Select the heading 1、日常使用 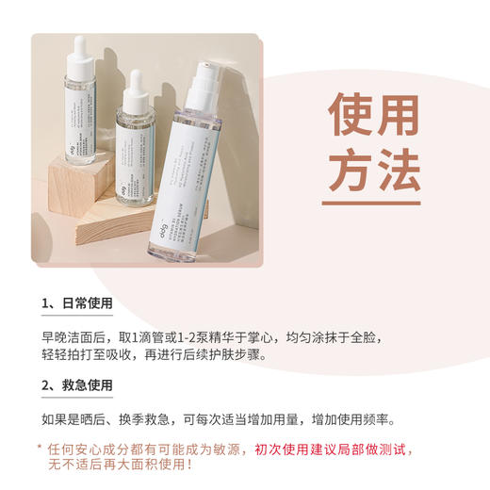[76, 304]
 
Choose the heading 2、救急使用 [76, 385]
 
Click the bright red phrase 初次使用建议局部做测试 [323, 449]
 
